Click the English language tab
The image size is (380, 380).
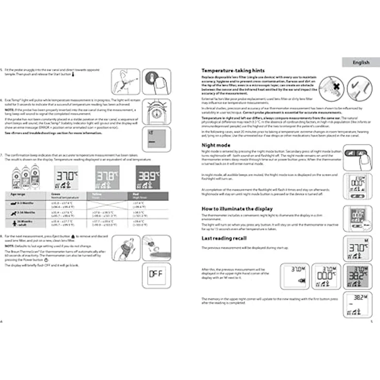tap(361, 62)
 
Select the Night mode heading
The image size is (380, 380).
tap(215, 145)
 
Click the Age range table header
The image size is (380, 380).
tap(19, 195)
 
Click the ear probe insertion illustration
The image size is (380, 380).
tap(126, 81)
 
